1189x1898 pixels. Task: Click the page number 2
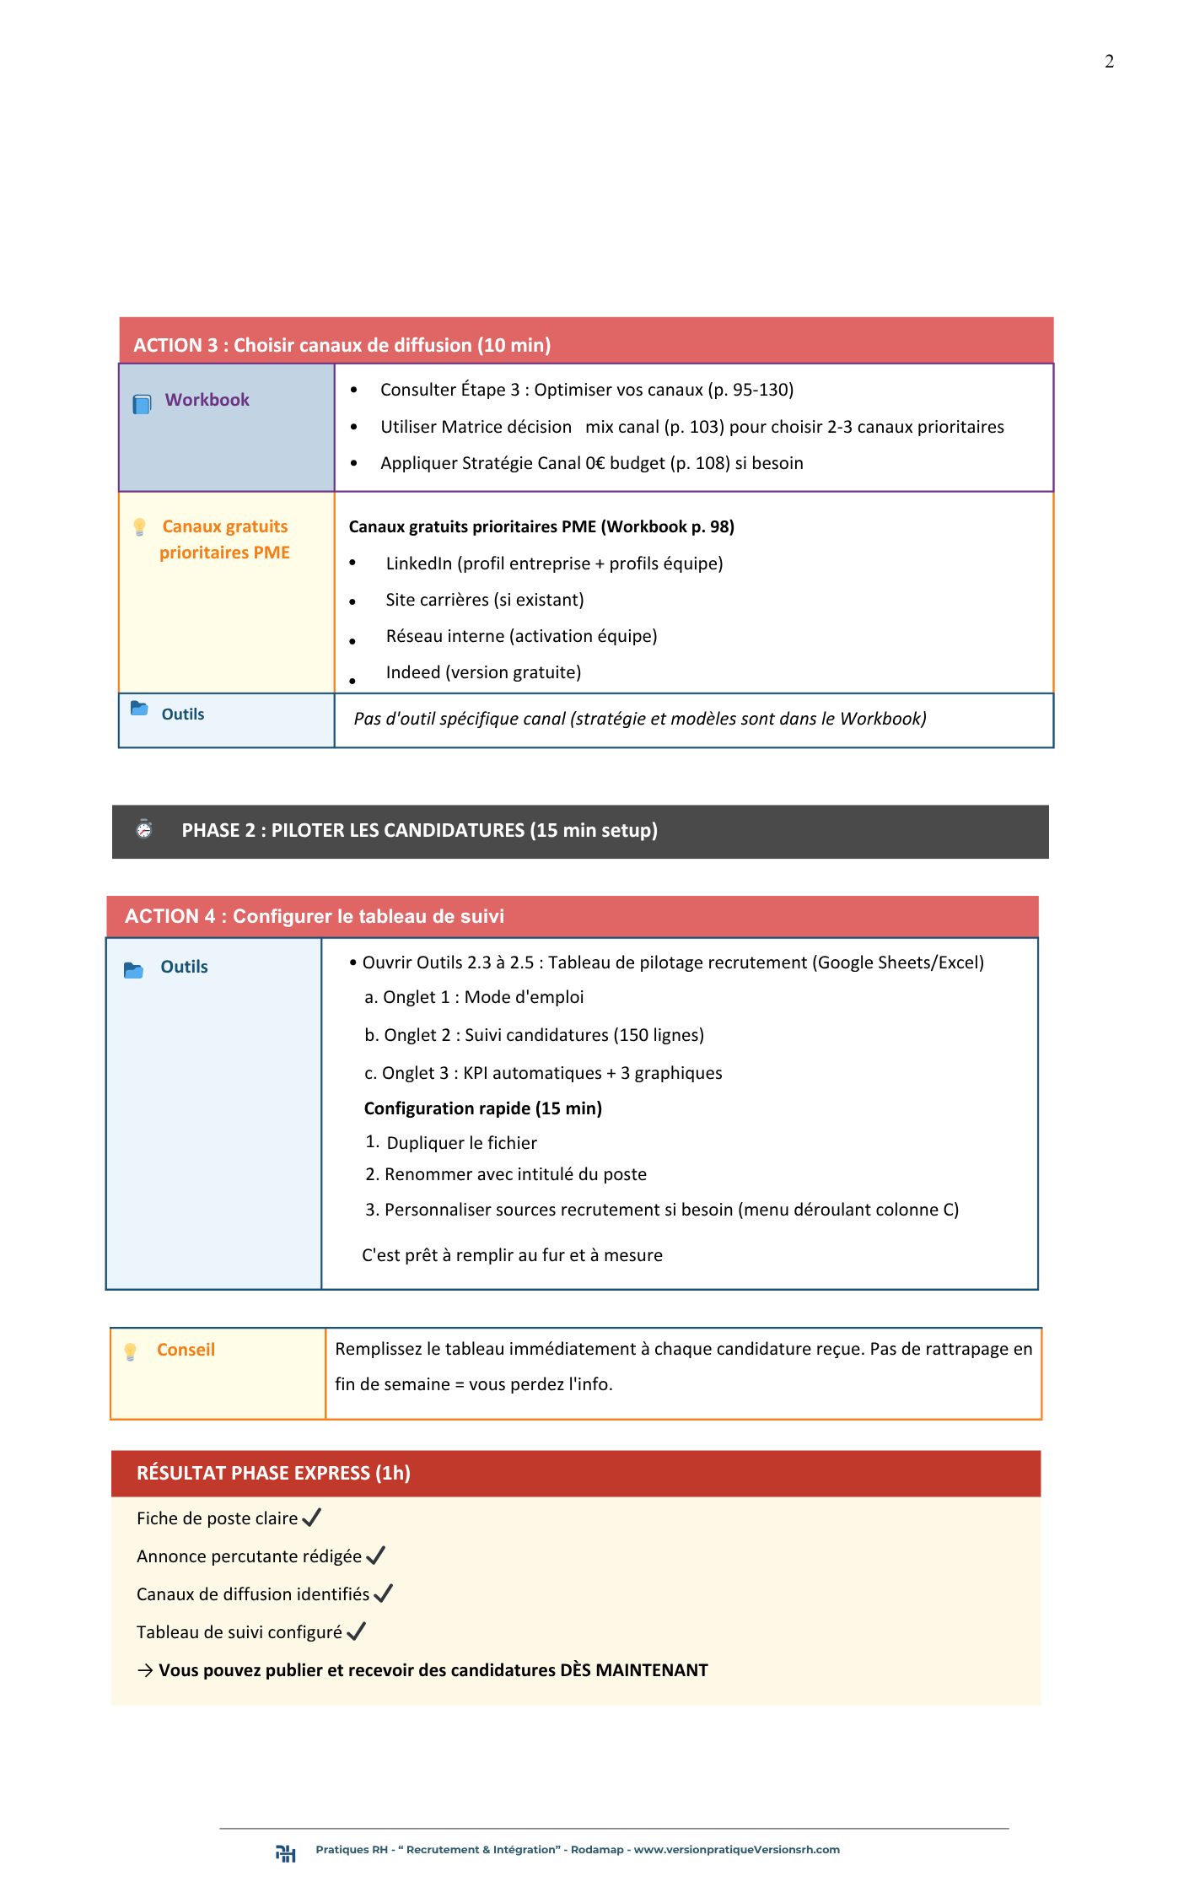1109,62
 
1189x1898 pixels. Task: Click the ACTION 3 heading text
342,345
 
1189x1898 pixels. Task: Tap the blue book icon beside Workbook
142,404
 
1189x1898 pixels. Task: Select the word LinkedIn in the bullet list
418,563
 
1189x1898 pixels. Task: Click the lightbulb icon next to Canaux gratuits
140,527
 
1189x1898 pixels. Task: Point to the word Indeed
412,672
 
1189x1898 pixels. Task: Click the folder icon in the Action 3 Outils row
139,709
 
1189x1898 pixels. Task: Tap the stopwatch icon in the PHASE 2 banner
144,829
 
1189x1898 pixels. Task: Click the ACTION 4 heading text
314,916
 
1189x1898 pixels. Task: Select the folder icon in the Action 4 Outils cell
133,970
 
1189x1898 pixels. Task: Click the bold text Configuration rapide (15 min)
482,1108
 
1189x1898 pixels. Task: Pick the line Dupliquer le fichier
461,1143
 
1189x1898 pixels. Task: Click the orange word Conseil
186,1350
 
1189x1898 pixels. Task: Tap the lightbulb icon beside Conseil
131,1351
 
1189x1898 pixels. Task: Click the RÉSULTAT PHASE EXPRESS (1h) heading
273,1473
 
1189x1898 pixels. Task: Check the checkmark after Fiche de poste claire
311,1518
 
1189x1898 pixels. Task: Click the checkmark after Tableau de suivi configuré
356,1631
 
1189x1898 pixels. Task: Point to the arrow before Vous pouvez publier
145,1670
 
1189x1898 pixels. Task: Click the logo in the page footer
286,1852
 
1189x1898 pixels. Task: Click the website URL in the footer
736,1850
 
